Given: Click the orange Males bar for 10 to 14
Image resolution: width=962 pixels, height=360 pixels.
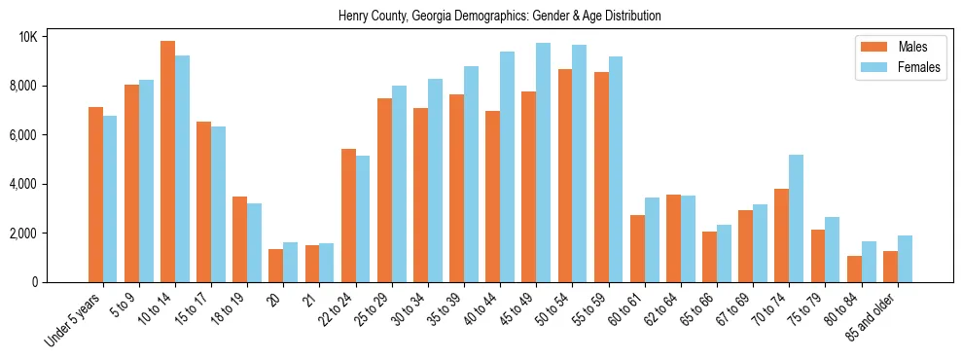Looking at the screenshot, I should (167, 162).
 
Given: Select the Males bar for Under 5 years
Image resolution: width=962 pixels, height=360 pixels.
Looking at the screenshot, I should (95, 195).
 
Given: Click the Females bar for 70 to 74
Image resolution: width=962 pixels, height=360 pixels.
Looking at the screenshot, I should (796, 218).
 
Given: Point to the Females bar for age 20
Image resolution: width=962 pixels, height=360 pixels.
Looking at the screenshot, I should (290, 262).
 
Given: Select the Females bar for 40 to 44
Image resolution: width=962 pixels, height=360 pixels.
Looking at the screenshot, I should (507, 166).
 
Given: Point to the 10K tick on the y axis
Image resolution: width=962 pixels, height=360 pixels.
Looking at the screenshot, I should (54, 37).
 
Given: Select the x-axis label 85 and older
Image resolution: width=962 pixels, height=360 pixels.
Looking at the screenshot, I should (881, 316).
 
